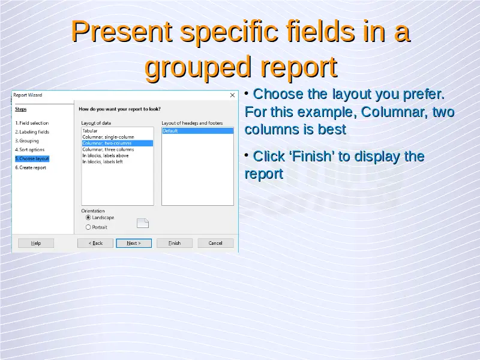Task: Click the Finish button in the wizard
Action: (175, 243)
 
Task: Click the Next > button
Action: (134, 243)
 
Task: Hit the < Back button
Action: (95, 243)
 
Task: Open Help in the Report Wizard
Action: (36, 243)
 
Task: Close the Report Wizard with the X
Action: (232, 95)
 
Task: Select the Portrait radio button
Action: (88, 227)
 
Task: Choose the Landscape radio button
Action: (88, 217)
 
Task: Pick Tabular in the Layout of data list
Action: (89, 131)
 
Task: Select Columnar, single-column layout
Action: (108, 137)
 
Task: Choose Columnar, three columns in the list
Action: (108, 149)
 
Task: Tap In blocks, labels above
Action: (106, 155)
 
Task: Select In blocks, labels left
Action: (103, 161)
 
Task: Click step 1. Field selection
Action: (32, 123)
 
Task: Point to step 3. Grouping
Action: (27, 141)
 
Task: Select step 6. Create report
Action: (31, 167)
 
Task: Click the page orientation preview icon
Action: (143, 223)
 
